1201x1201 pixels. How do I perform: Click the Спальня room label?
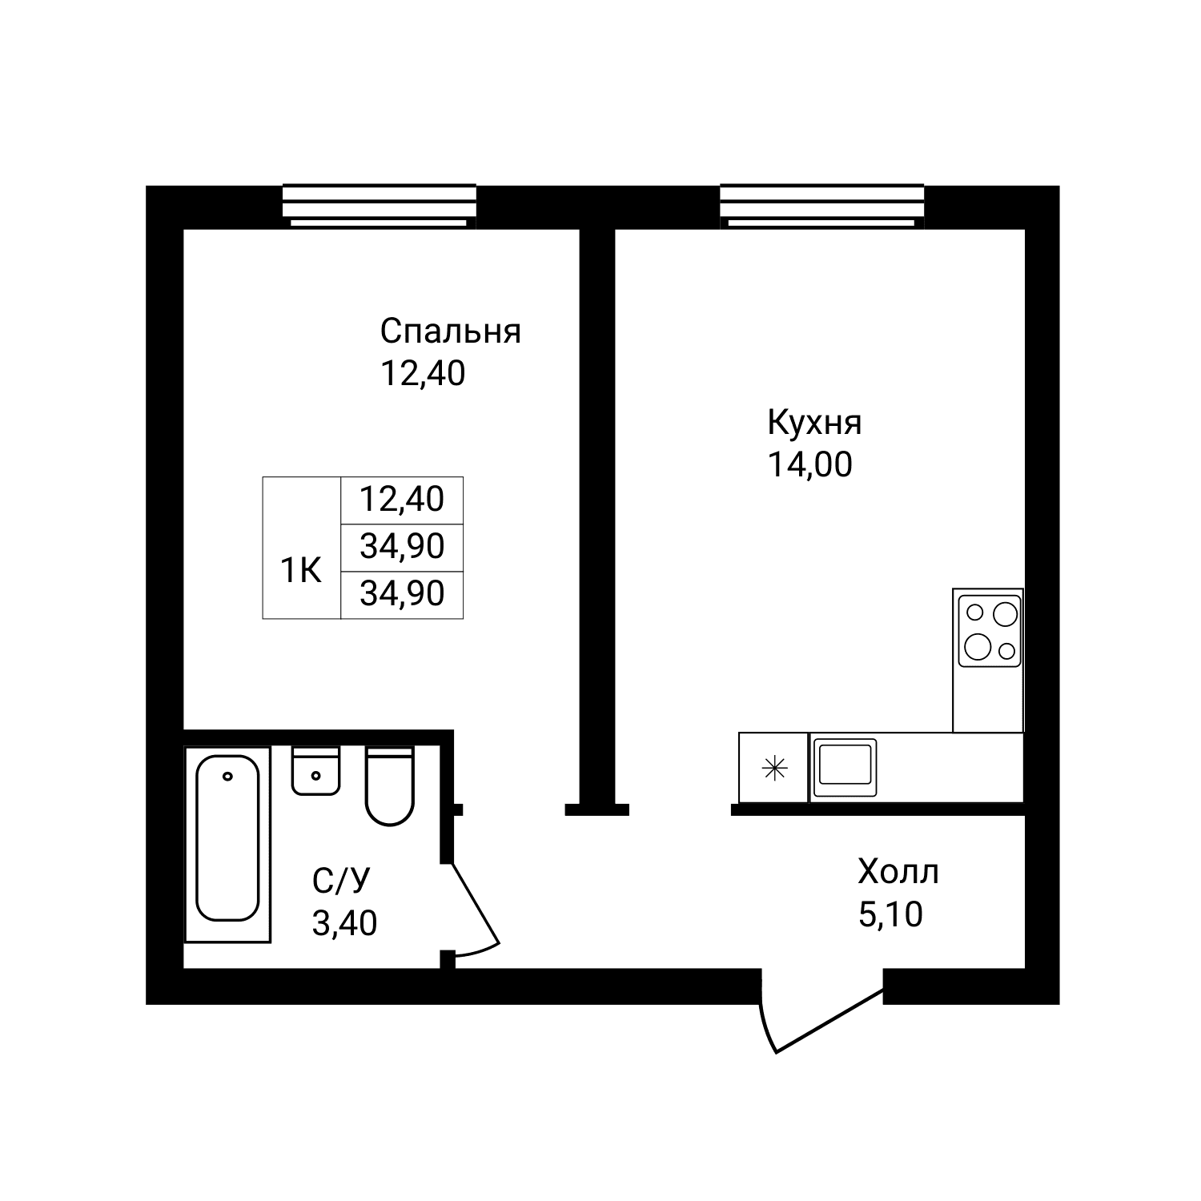click(x=450, y=331)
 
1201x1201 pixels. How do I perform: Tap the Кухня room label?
click(x=814, y=423)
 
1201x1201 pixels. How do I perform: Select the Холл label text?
click(x=898, y=872)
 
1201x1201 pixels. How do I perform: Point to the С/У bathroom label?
click(x=342, y=882)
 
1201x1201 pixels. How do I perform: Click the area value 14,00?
click(x=810, y=464)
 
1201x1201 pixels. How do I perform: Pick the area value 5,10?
click(x=890, y=914)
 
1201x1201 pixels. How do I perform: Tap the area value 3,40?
click(x=344, y=924)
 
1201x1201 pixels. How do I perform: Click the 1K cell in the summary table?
click(x=301, y=571)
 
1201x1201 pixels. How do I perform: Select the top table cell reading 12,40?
click(x=402, y=500)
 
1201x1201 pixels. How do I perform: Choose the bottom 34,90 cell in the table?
click(x=402, y=594)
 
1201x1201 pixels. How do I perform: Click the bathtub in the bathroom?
click(x=228, y=843)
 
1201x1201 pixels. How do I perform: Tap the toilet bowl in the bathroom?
click(x=389, y=786)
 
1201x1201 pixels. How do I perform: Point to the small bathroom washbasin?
click(x=316, y=771)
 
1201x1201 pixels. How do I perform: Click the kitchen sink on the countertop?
click(x=845, y=768)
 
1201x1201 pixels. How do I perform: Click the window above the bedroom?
click(x=380, y=206)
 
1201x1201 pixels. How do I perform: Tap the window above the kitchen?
click(x=822, y=206)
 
